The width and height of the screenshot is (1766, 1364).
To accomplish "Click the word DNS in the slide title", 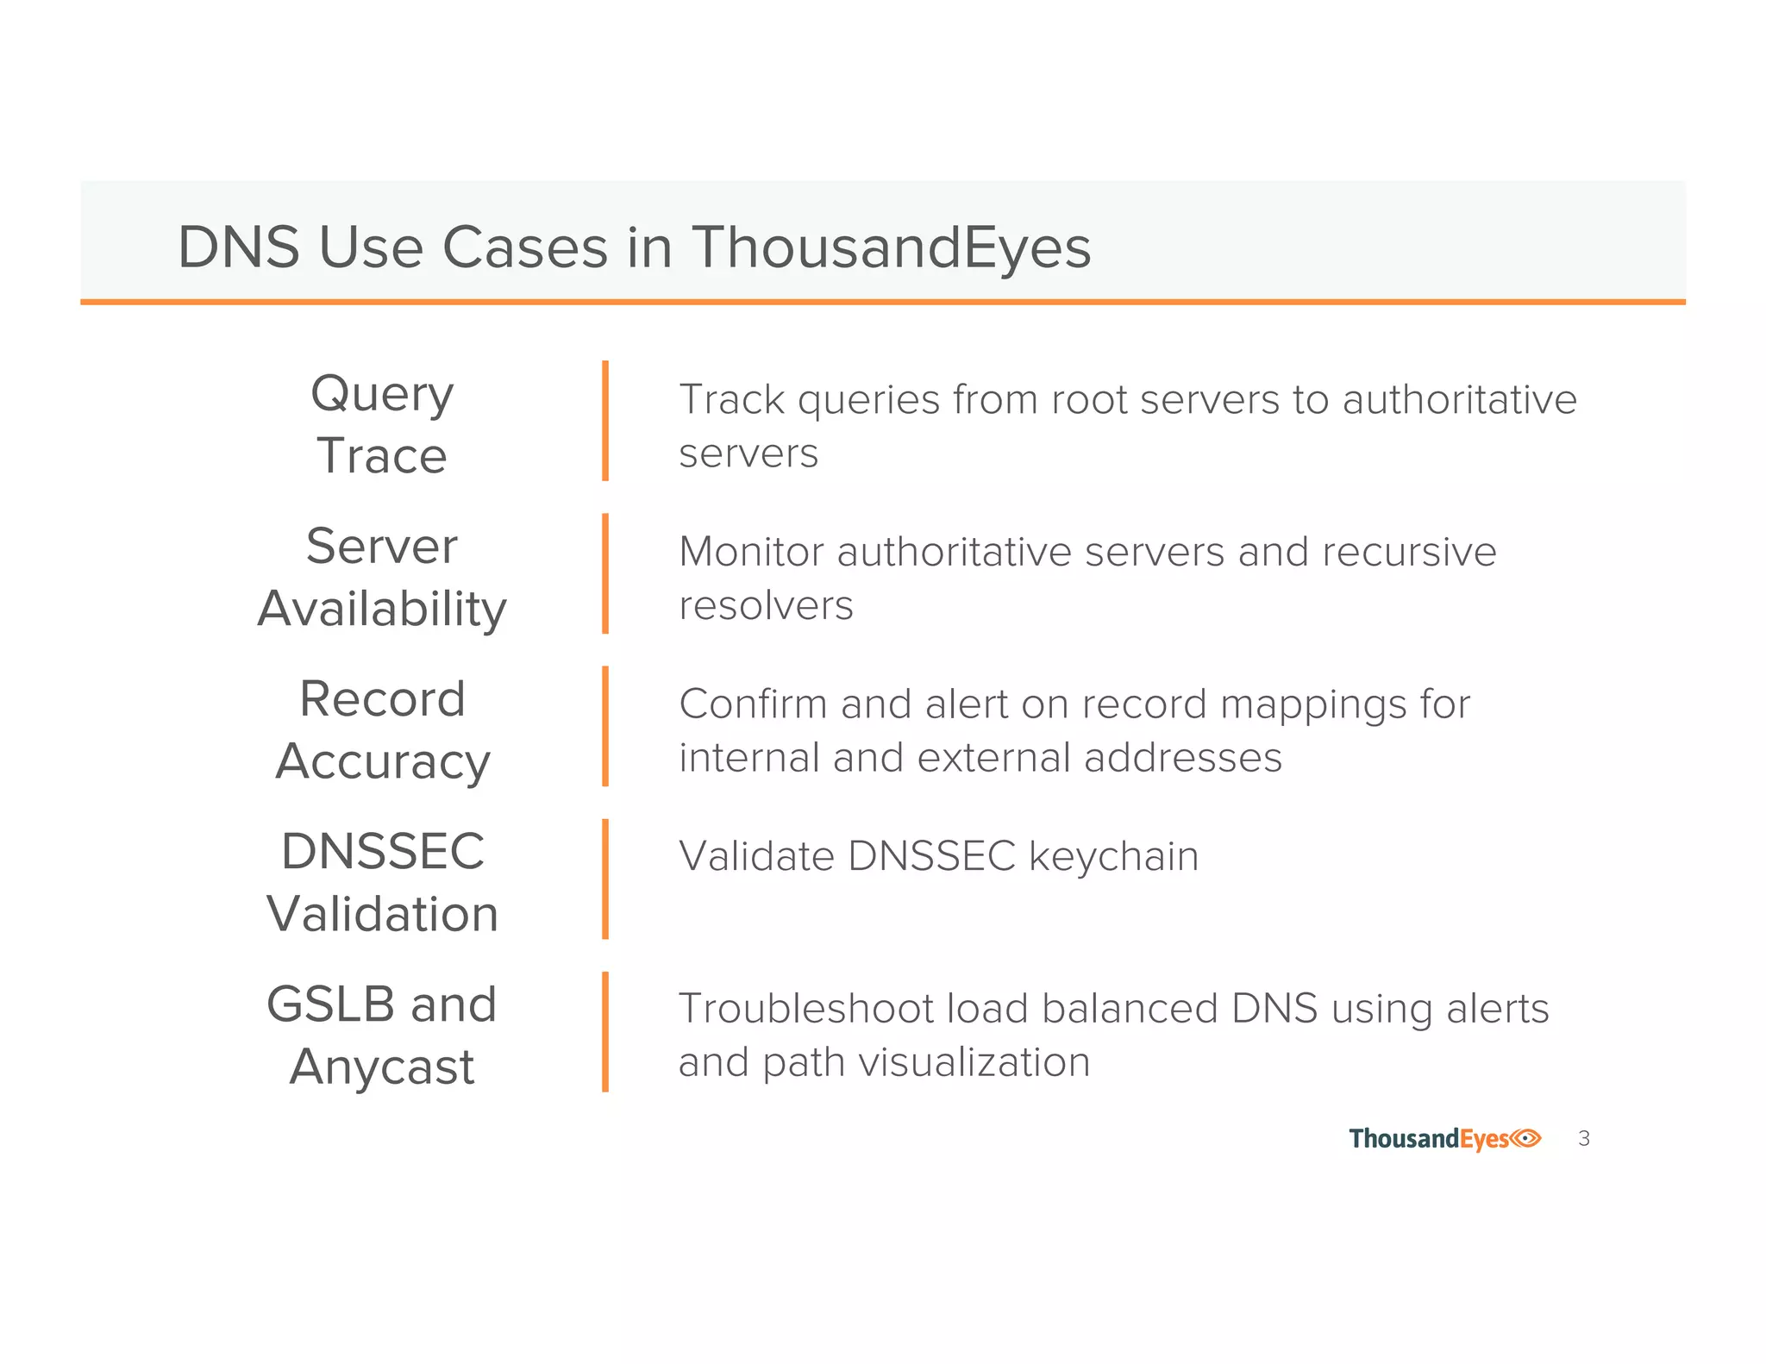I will [238, 247].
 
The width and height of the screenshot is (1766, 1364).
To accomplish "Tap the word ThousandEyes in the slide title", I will [891, 247].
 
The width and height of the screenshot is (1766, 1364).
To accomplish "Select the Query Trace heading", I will [382, 423].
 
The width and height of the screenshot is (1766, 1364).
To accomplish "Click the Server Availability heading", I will [382, 577].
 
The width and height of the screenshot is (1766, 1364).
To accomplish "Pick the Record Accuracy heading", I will [382, 729].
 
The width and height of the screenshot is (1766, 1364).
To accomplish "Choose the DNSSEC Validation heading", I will [382, 882].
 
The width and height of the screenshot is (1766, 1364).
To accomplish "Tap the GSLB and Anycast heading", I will [382, 1035].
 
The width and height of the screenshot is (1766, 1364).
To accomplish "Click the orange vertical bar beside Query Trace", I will [605, 421].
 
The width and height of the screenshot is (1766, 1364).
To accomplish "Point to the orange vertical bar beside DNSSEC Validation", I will [605, 879].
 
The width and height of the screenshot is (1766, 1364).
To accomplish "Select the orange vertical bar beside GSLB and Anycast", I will [605, 1031].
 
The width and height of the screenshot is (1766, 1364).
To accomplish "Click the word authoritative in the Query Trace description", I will [1459, 399].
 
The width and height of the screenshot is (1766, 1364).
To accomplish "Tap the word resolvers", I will [766, 605].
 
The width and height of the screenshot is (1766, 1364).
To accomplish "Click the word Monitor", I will [750, 552].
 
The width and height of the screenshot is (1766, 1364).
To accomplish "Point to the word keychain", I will [1113, 857].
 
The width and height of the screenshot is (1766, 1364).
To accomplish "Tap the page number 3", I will [1583, 1139].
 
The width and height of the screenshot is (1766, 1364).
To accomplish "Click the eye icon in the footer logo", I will [1525, 1138].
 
